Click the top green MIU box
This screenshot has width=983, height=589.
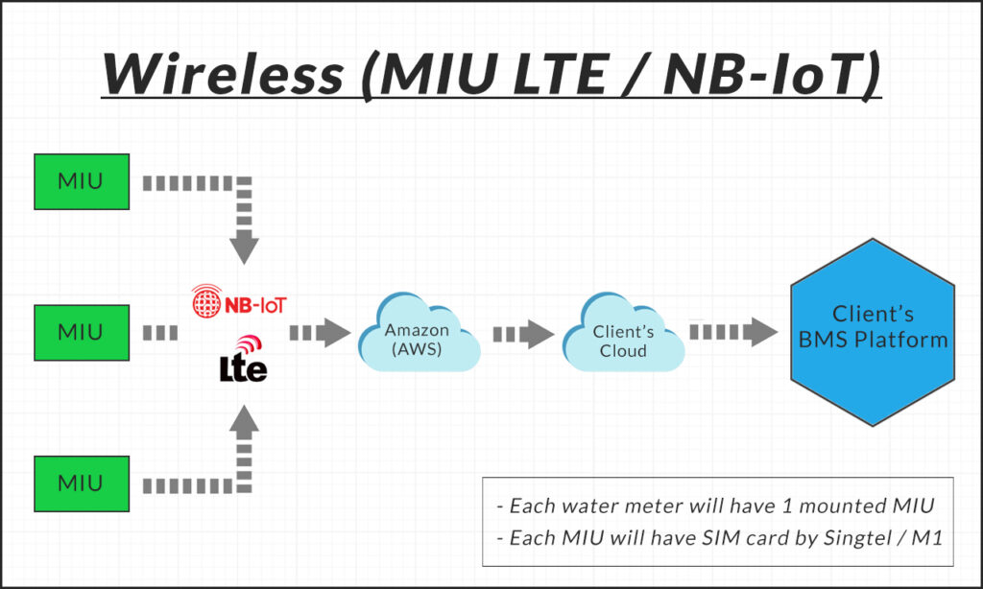[x=81, y=181]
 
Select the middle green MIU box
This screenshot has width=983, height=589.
[x=81, y=332]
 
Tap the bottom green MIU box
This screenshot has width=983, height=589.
[x=81, y=483]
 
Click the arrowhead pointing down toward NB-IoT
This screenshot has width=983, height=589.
[x=245, y=249]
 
